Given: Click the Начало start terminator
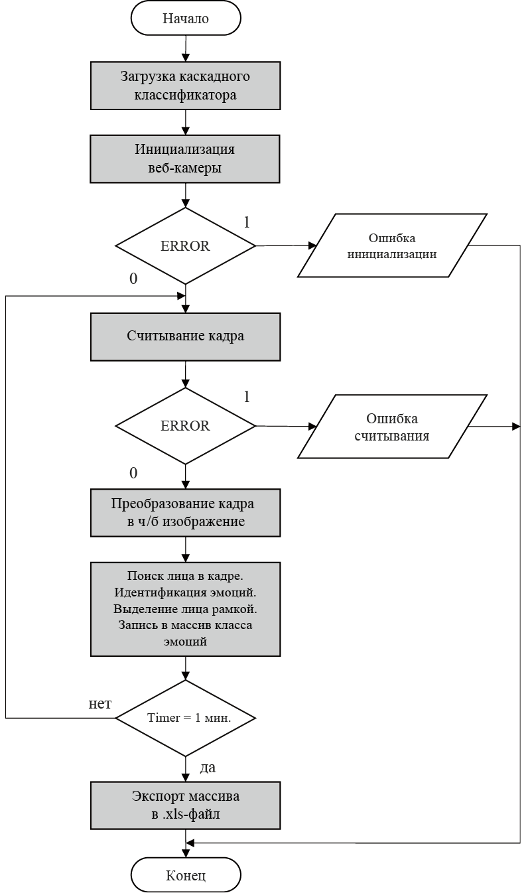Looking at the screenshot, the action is point(186,19).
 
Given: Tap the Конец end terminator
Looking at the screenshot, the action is point(186,876).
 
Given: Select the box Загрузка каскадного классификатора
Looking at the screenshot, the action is point(185,86).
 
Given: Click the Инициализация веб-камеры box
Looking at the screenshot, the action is point(185,159).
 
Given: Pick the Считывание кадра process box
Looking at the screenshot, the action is point(185,337).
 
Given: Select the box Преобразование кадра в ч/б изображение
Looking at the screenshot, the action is point(185,513).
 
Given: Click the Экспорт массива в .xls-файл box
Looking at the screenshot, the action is point(185,805).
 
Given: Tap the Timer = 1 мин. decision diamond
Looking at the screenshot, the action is point(185,718).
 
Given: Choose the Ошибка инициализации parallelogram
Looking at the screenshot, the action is point(392,245).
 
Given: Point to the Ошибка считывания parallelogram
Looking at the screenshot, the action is point(392,427).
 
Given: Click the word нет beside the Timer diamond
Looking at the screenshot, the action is point(100,704).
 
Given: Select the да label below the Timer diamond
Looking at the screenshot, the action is point(208,768).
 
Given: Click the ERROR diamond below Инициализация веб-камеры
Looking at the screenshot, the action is point(185,246).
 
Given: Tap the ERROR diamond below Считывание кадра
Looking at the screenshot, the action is point(185,426).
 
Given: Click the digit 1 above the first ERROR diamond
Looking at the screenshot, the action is point(247,222).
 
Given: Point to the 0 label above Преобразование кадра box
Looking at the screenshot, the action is point(133,473).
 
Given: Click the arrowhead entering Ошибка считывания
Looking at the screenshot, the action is point(312,427).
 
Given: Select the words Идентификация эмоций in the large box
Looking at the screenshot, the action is point(185,592).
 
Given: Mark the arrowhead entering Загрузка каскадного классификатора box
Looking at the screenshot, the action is point(186,58).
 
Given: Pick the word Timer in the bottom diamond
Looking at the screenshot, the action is point(164,718).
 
